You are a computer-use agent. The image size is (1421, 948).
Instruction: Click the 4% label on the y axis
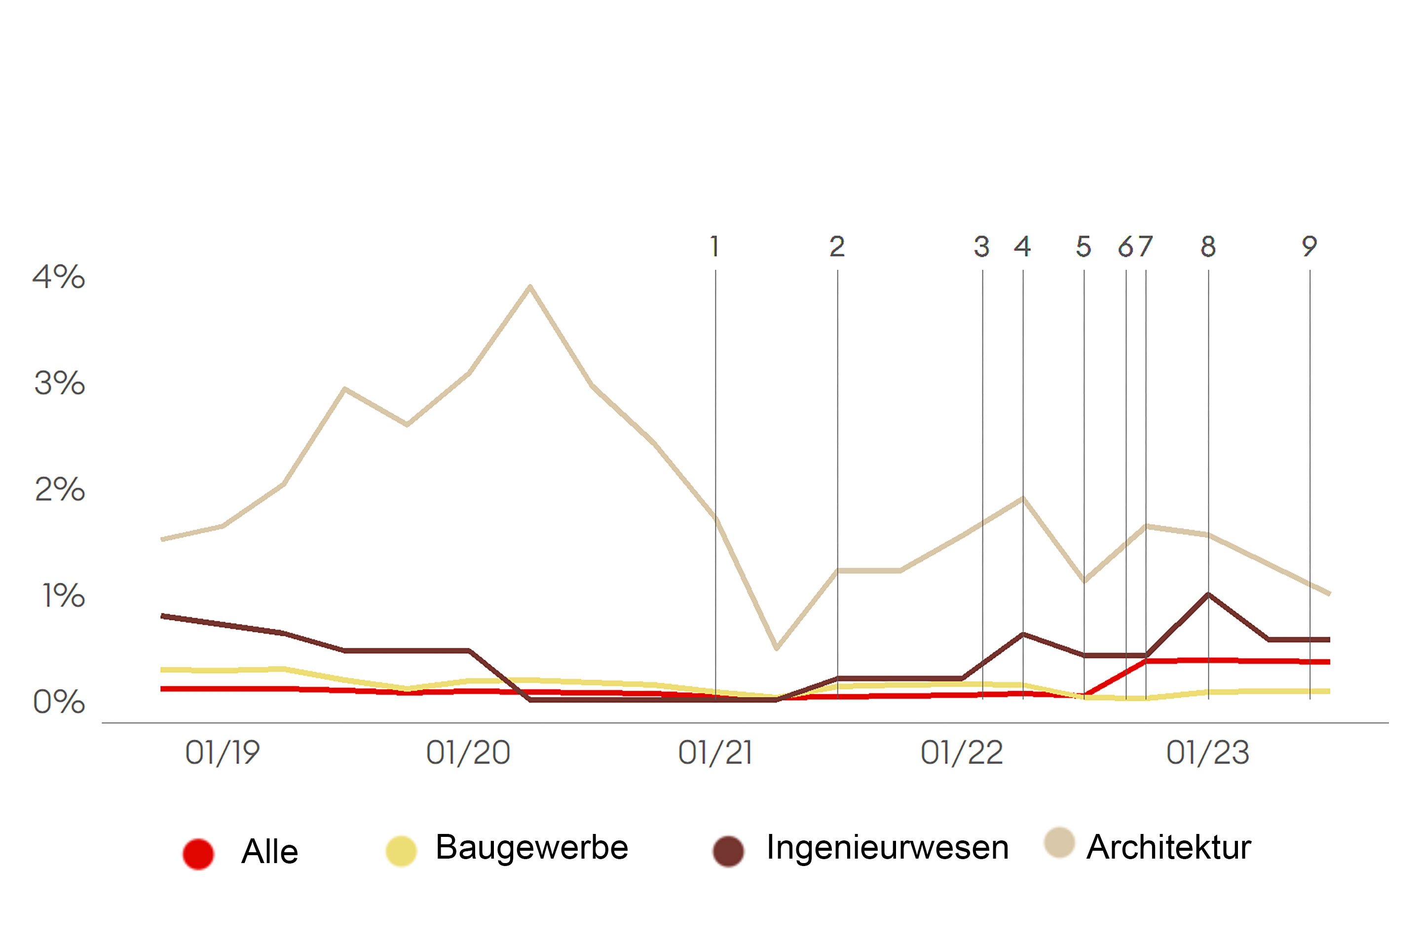click(59, 277)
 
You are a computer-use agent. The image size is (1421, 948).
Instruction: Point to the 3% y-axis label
click(59, 383)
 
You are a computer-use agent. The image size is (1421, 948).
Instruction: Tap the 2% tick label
click(59, 489)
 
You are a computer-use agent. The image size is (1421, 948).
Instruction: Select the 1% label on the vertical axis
click(63, 595)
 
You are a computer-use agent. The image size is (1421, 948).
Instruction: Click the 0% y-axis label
click(59, 702)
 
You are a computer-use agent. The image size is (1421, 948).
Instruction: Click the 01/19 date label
click(223, 752)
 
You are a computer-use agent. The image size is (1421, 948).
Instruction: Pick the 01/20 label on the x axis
click(468, 752)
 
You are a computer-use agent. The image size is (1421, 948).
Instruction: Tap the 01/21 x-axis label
click(715, 752)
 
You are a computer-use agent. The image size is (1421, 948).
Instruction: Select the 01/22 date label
click(962, 752)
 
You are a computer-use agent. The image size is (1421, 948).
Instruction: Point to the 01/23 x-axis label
click(1207, 752)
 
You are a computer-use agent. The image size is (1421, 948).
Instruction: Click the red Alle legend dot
click(198, 854)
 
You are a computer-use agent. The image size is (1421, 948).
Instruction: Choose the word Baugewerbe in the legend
click(532, 847)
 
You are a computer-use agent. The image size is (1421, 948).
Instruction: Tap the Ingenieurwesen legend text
click(887, 847)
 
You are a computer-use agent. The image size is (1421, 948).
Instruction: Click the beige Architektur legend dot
click(1059, 843)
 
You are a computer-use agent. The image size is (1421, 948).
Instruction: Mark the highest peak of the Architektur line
click(530, 286)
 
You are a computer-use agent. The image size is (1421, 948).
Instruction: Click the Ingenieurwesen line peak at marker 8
click(1208, 594)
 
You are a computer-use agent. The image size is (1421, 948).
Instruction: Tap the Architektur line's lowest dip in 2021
click(776, 648)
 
